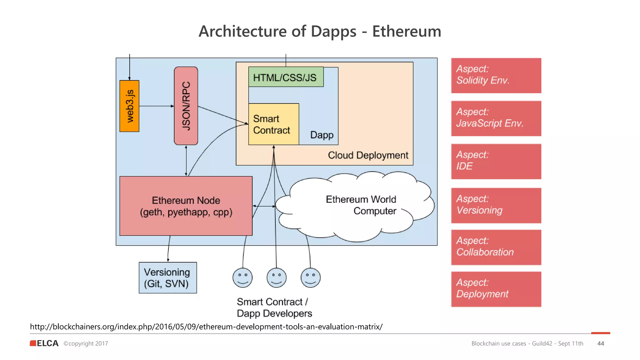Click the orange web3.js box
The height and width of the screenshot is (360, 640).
click(129, 106)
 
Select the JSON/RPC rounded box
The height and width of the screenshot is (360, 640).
click(186, 106)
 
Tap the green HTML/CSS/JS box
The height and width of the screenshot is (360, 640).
click(286, 77)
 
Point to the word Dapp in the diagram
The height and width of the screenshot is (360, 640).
click(322, 135)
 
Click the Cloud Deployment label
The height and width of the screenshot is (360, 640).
click(368, 155)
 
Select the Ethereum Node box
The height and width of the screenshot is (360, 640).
click(186, 206)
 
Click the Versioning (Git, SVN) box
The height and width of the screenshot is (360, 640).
click(167, 278)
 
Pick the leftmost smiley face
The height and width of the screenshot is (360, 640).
click(242, 277)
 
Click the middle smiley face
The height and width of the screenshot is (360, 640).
click(277, 277)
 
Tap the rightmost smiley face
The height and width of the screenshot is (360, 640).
click(311, 277)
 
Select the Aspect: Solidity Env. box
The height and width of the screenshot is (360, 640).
click(496, 75)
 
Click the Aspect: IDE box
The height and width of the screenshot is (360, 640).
click(496, 161)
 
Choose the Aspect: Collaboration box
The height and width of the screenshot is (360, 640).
click(496, 247)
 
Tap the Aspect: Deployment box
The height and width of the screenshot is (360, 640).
click(496, 289)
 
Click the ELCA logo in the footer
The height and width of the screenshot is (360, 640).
click(44, 343)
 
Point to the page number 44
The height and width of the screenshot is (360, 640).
click(600, 343)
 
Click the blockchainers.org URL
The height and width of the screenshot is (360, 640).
click(206, 327)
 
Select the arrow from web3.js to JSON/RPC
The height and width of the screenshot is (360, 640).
click(156, 106)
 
